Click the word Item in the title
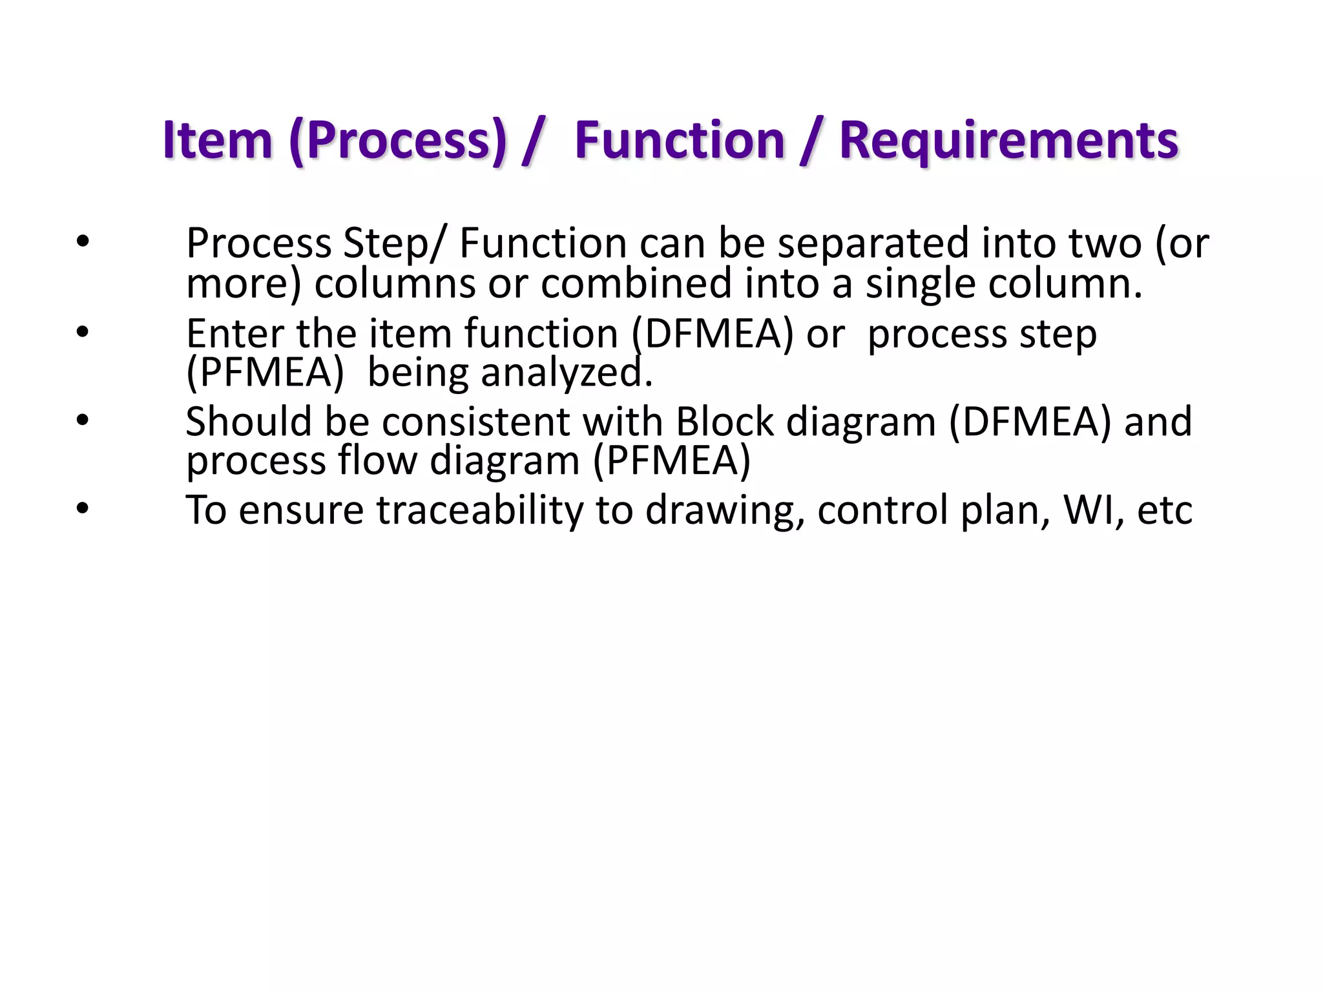tap(217, 140)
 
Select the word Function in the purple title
tap(679, 140)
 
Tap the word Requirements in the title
tap(1008, 140)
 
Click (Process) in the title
tap(398, 140)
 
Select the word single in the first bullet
tap(921, 284)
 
